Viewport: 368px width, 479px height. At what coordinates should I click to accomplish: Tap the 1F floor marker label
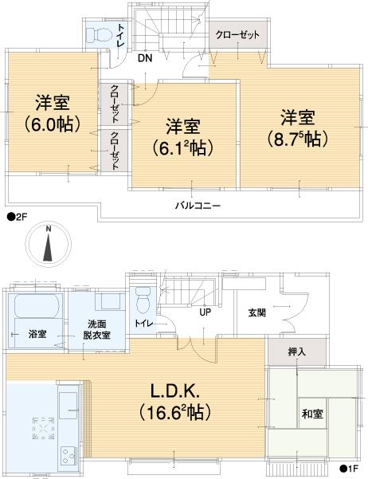[350, 469]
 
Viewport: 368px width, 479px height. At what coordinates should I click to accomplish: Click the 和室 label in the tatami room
[311, 414]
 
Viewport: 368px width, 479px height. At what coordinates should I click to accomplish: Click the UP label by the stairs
[205, 312]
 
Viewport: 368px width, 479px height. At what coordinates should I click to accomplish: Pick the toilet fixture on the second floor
[100, 36]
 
